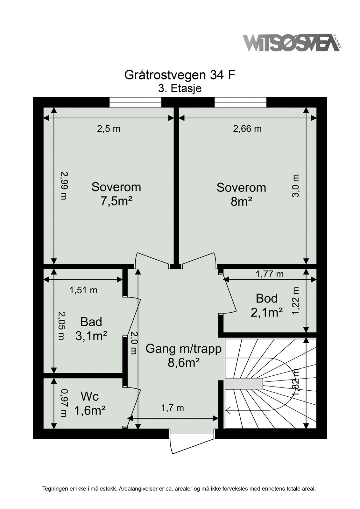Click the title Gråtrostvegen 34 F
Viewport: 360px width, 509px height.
(180, 75)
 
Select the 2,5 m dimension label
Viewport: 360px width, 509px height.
(109, 129)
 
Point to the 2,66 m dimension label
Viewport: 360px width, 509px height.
(247, 129)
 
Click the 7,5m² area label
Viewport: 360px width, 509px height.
(116, 201)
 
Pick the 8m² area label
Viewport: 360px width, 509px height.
(241, 201)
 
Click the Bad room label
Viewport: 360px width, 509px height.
(91, 322)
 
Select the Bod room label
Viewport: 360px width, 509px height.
(267, 298)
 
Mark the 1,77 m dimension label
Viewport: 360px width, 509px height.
(270, 274)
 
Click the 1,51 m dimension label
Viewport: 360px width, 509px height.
(83, 290)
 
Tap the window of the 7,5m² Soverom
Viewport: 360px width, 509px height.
(136, 102)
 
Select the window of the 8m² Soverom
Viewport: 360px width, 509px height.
(240, 102)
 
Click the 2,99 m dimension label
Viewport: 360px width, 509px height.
(64, 185)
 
